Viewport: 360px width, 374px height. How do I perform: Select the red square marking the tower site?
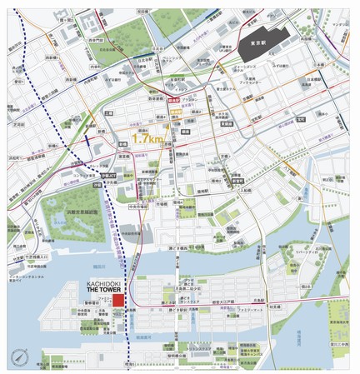pyautogui.click(x=118, y=319)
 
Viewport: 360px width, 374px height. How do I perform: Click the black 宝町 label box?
pyautogui.click(x=226, y=122)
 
